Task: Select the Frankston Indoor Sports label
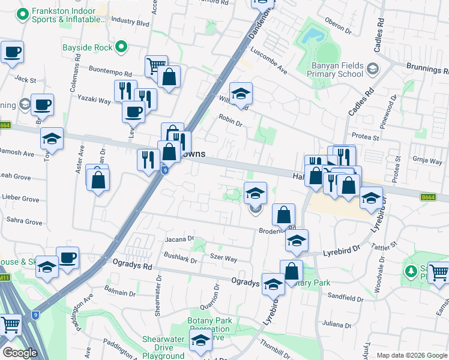(62, 15)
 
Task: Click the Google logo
(19, 353)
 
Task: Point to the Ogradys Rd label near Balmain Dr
(133, 264)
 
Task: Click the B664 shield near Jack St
(5, 125)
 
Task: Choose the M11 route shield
(4, 277)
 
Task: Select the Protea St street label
(367, 137)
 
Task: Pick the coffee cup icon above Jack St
(11, 52)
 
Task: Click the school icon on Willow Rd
(241, 94)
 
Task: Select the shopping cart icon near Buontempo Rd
(155, 64)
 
